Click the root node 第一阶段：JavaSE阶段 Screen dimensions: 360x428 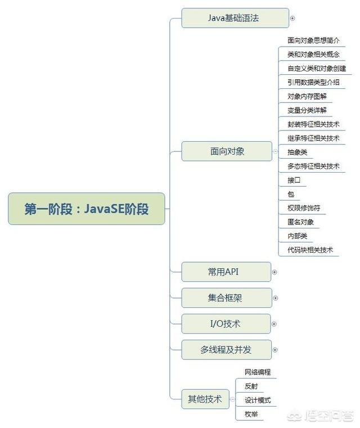[x=87, y=209]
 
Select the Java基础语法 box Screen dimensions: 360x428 [x=235, y=18]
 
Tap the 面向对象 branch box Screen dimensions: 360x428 [x=227, y=151]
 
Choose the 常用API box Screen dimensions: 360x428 [x=226, y=272]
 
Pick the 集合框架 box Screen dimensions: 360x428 [x=227, y=298]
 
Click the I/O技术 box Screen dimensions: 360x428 [x=226, y=324]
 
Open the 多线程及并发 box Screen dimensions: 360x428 [x=227, y=350]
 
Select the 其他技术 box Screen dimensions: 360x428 [x=205, y=399]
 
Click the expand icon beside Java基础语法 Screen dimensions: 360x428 [x=292, y=19]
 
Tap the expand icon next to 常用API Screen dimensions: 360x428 [x=274, y=272]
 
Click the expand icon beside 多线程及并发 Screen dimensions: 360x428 [x=275, y=350]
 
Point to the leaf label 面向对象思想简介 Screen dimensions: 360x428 [x=313, y=40]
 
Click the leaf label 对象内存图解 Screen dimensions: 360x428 [x=307, y=96]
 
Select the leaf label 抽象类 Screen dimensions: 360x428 [x=297, y=152]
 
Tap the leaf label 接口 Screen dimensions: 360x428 [x=294, y=180]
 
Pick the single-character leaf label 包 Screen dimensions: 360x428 [x=291, y=194]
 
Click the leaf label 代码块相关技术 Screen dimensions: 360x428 [x=310, y=250]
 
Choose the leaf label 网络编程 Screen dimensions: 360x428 [x=258, y=372]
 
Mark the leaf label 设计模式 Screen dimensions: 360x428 [x=258, y=400]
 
